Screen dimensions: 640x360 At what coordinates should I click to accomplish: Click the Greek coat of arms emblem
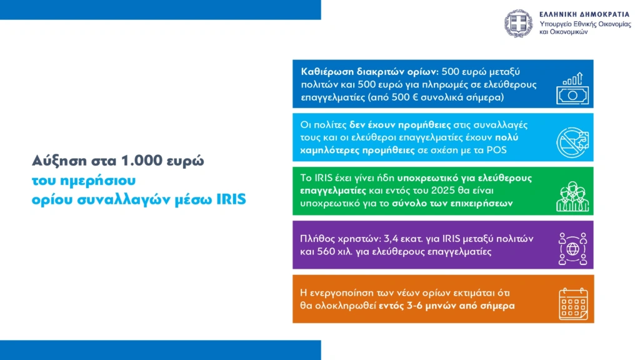point(518,24)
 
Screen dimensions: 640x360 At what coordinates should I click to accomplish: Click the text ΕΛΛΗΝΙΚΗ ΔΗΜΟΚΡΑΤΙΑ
point(584,15)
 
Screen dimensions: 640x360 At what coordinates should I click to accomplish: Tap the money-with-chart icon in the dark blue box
point(572,89)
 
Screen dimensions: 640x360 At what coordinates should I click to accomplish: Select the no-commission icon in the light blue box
point(572,142)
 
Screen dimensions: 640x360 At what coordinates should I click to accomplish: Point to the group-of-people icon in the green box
point(572,196)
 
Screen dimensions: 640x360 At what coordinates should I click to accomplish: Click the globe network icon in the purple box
point(572,249)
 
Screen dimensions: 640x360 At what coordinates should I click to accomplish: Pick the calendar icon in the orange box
point(573,304)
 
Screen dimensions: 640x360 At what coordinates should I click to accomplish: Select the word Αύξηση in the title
point(59,161)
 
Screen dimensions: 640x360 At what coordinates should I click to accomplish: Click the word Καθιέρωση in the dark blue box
point(327,72)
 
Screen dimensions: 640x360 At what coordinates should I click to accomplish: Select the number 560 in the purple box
point(326,251)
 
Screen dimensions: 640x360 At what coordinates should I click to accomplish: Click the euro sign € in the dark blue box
point(416,97)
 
